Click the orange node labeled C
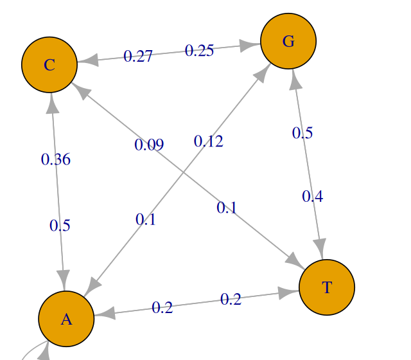tap(49, 64)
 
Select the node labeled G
tap(288, 41)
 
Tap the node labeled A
tap(66, 319)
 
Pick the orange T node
tap(327, 287)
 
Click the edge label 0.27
tap(138, 57)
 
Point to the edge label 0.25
tap(199, 50)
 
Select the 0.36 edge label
tap(56, 159)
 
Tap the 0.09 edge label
tap(149, 145)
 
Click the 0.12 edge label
tap(209, 141)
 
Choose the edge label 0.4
tap(313, 196)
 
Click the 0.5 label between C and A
tap(60, 226)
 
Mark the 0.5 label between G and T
tap(302, 133)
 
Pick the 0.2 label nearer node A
tap(162, 308)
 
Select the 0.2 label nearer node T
tap(231, 299)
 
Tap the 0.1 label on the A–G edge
tap(146, 220)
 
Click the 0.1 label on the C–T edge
tap(227, 208)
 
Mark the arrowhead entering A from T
tap(105, 314)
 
